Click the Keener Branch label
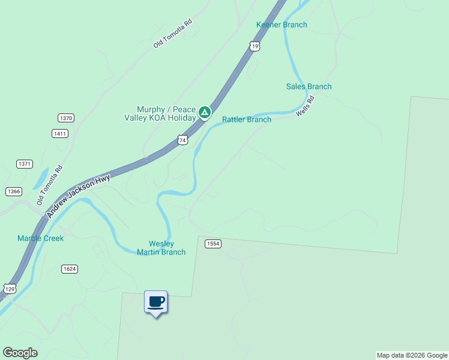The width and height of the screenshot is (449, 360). pos(282,25)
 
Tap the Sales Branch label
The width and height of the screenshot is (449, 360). pos(309,86)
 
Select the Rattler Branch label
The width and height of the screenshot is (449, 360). pos(247,119)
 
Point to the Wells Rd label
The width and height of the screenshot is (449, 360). pos(306,106)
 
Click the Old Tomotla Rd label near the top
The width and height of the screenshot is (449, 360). pos(172,34)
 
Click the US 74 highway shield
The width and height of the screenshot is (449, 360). pos(183,140)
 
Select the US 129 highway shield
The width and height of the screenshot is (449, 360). pos(10,289)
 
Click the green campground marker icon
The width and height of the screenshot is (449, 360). pos(205,112)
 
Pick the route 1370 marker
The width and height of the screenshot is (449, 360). pos(65,118)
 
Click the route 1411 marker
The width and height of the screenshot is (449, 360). pos(59,134)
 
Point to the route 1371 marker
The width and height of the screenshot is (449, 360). pos(25,164)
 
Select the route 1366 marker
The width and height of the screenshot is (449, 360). pos(13,191)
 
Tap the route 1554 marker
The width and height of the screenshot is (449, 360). pos(213,244)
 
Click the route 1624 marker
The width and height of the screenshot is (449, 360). pos(69,269)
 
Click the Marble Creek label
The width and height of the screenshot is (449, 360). pos(40,238)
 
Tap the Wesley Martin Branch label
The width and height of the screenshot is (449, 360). pos(161,248)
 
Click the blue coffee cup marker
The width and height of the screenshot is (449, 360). pos(156,302)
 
